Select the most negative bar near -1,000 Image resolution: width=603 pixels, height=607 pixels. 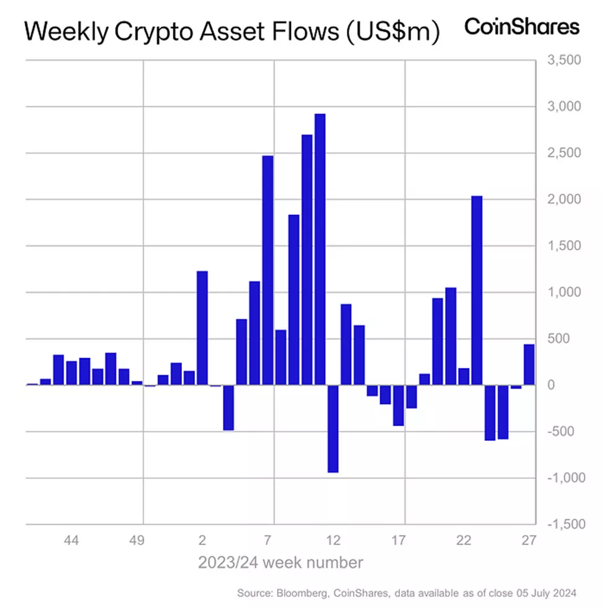pyautogui.click(x=333, y=429)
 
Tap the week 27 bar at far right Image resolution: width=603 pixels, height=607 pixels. pyautogui.click(x=529, y=365)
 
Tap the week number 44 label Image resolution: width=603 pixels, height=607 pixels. pyautogui.click(x=71, y=541)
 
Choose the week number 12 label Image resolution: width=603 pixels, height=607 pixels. pyautogui.click(x=334, y=541)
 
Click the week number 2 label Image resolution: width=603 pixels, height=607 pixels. pyautogui.click(x=202, y=541)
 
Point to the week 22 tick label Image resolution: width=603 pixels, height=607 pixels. pyautogui.click(x=464, y=541)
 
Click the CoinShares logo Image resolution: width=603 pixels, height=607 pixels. pyautogui.click(x=522, y=27)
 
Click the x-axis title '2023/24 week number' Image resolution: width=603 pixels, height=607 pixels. pyautogui.click(x=280, y=563)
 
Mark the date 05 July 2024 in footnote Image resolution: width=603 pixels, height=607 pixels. pyautogui.click(x=555, y=593)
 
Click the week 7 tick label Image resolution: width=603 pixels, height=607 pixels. pyautogui.click(x=268, y=541)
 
